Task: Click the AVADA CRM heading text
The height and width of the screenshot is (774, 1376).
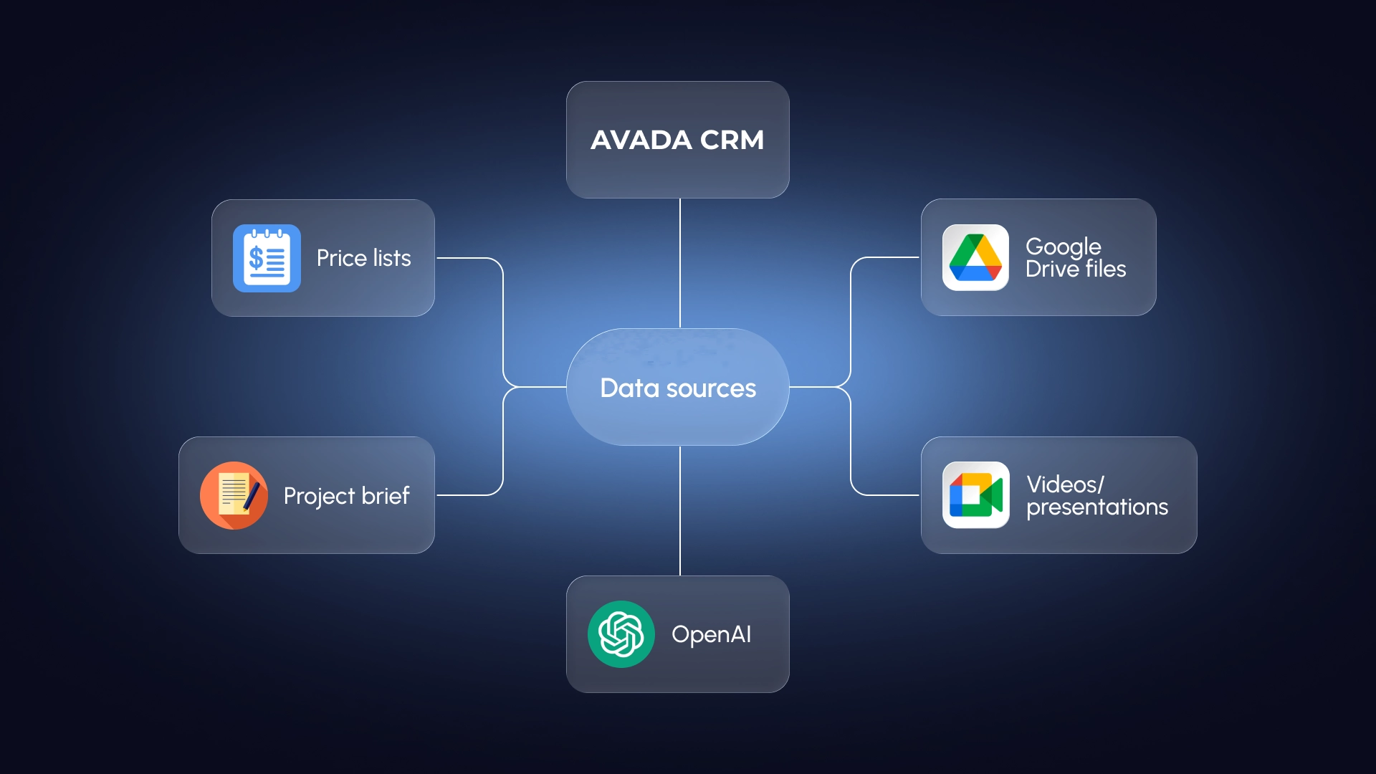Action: tap(677, 140)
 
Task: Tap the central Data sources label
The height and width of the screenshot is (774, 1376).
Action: tap(678, 388)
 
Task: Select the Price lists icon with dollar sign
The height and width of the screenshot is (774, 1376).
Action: tap(267, 258)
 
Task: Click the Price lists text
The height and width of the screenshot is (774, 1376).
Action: tap(363, 258)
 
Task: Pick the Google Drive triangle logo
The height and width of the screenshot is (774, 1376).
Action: tap(975, 258)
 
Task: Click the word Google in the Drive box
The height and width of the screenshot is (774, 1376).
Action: tap(1063, 247)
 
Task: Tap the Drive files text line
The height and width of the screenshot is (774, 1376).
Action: tap(1076, 269)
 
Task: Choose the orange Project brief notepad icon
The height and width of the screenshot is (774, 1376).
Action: tap(234, 495)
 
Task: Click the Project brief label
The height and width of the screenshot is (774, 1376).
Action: tap(346, 496)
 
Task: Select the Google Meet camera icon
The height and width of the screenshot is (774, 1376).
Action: tap(975, 495)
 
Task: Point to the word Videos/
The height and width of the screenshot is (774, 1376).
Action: tap(1065, 484)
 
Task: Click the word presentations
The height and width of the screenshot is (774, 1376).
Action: tap(1097, 507)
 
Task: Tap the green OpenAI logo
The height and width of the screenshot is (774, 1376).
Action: tap(621, 634)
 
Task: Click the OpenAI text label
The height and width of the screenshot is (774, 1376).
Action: tap(711, 634)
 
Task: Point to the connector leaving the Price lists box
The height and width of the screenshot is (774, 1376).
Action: tap(466, 258)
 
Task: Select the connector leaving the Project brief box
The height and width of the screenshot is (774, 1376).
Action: tap(466, 495)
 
